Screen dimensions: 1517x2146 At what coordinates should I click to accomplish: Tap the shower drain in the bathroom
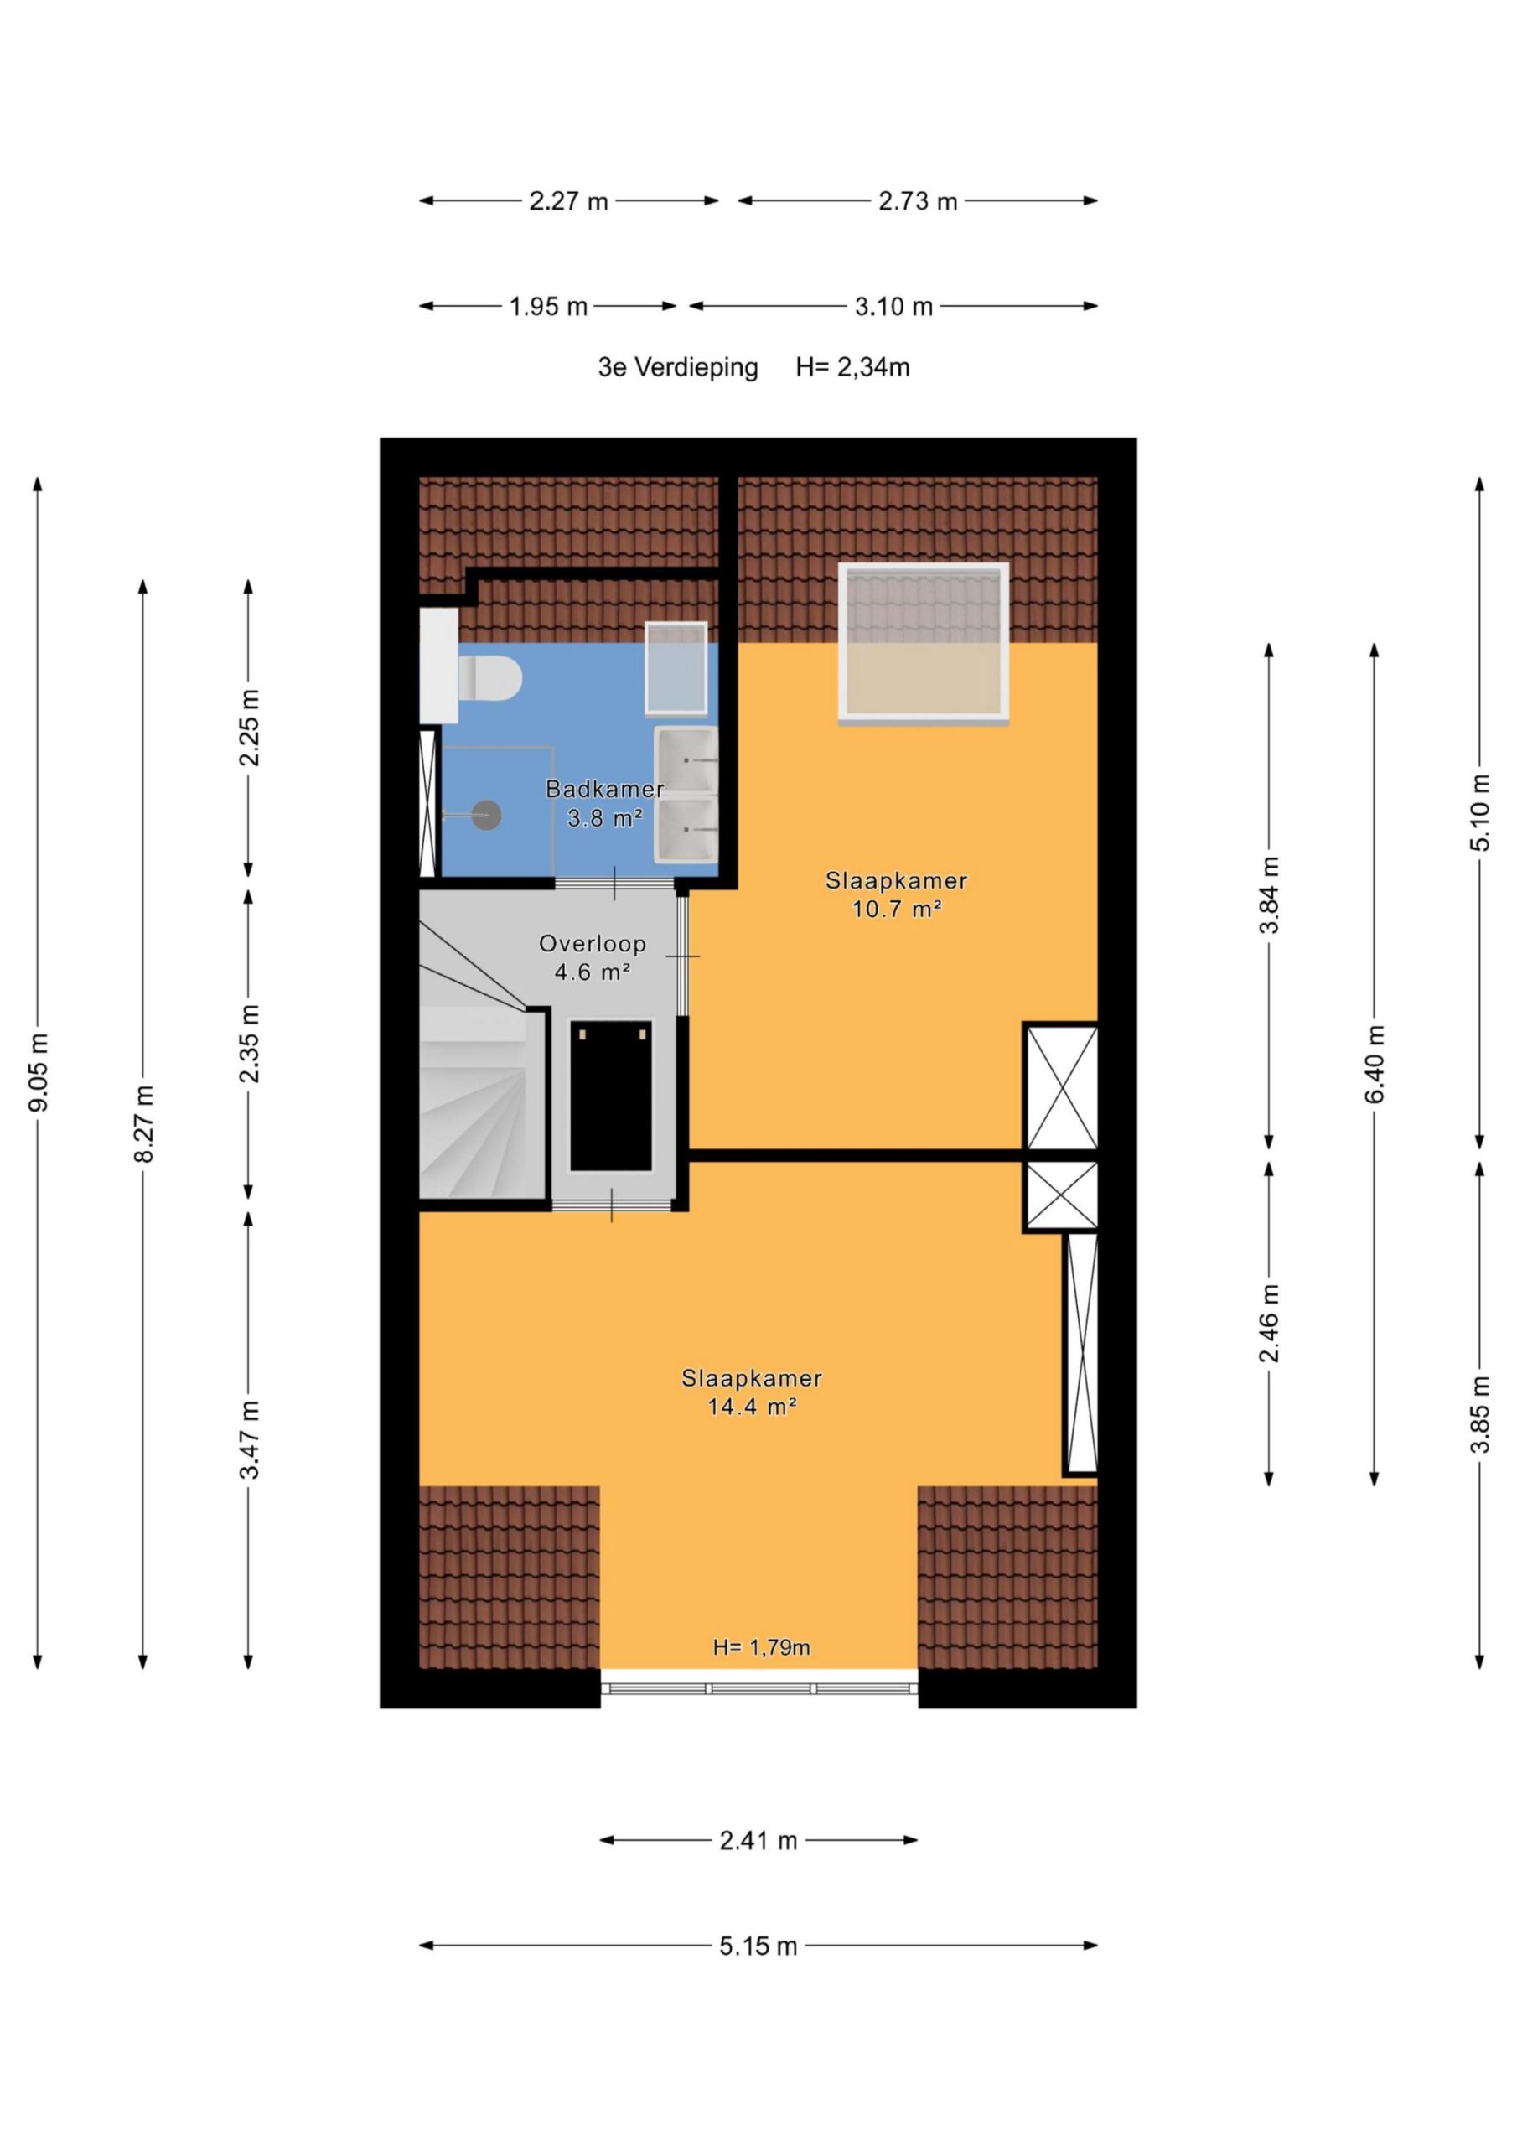point(486,815)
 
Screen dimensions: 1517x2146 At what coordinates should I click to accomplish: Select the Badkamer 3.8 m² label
point(605,804)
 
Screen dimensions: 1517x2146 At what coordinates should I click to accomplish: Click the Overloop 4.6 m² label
point(593,958)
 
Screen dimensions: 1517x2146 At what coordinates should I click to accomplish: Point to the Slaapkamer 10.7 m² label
point(895,894)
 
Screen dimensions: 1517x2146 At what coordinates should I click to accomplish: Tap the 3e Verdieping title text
point(678,367)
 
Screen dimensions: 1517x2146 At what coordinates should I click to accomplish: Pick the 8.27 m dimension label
point(143,1124)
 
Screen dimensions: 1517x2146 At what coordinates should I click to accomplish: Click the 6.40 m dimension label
point(1374,1064)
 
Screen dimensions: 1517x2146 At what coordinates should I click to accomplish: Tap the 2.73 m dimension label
point(918,201)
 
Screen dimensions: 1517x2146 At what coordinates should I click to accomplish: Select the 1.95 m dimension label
point(549,307)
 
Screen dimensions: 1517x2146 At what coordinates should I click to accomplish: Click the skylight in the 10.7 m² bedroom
point(924,644)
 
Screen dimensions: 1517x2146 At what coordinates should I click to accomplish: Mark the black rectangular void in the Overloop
point(611,1096)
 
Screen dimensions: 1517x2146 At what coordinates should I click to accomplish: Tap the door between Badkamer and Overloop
point(615,884)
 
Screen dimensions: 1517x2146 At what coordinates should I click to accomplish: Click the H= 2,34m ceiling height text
point(852,367)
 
